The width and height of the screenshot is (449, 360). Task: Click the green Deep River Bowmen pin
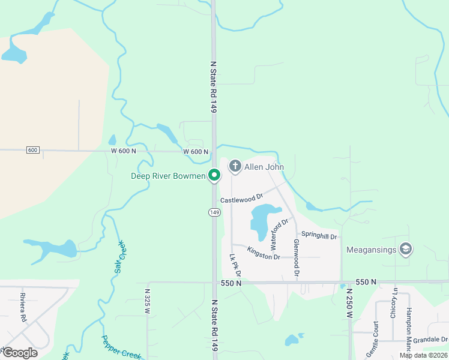[214, 175]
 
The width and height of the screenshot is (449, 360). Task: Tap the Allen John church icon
[235, 166]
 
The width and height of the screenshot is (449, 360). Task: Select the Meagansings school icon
[406, 248]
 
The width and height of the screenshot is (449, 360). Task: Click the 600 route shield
[33, 150]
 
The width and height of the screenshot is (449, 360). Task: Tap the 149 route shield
[214, 212]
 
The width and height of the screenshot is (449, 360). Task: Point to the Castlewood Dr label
[242, 198]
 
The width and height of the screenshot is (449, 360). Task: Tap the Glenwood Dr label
[296, 257]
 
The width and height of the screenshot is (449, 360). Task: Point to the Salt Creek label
[119, 257]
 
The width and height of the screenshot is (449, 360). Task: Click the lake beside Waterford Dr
[262, 219]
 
